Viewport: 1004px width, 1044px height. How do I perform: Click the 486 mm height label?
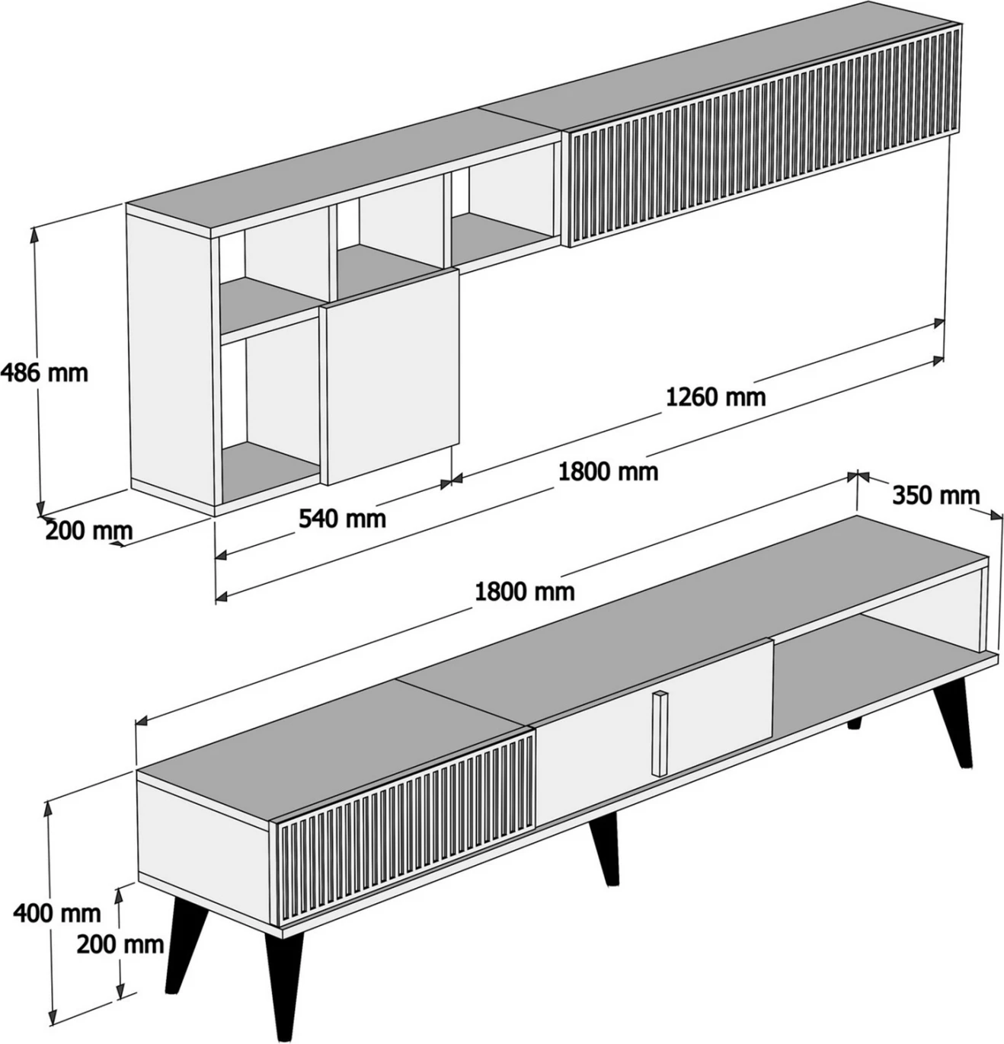(44, 372)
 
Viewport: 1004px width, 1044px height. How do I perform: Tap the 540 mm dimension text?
(342, 519)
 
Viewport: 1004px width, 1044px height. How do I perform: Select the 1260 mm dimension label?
(715, 396)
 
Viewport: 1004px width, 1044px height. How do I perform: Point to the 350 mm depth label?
(935, 495)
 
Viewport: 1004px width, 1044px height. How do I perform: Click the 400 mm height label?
(57, 912)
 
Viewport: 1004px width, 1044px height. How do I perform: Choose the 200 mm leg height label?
(120, 944)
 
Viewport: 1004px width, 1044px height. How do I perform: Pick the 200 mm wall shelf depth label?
(88, 530)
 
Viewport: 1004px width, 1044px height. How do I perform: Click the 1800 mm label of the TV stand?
(525, 590)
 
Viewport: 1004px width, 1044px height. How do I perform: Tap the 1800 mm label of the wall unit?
(608, 471)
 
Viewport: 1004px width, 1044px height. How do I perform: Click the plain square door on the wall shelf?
(392, 375)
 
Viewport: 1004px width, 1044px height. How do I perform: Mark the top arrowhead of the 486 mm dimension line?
(34, 231)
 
